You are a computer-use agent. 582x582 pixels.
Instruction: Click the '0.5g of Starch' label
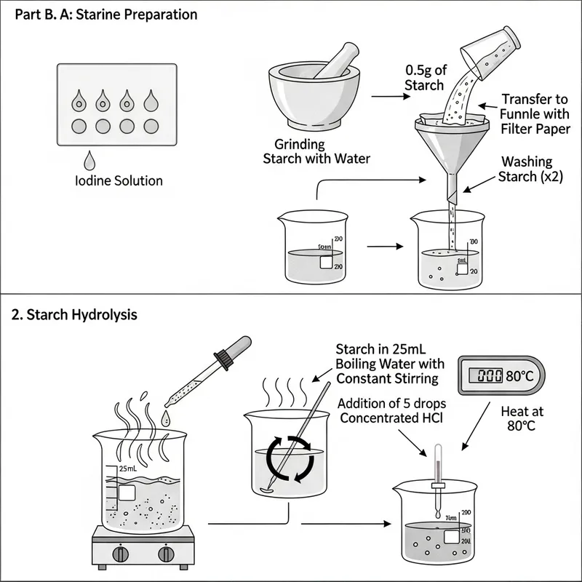(x=424, y=78)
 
